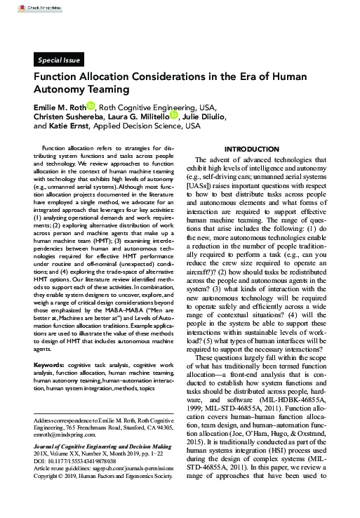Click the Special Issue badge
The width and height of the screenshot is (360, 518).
(x=60, y=60)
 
